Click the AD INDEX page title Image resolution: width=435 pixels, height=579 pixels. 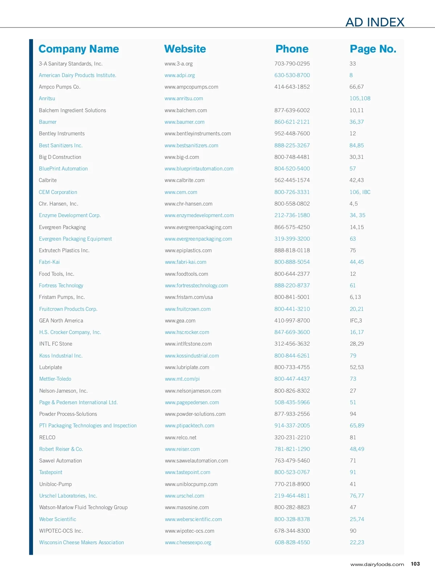tap(375, 22)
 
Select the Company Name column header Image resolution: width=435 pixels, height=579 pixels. tap(79, 49)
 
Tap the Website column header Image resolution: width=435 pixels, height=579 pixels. tap(185, 49)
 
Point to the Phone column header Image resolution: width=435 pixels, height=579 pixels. tap(292, 49)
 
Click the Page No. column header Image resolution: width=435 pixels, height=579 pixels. tap(373, 49)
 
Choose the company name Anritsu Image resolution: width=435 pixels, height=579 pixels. tap(47, 98)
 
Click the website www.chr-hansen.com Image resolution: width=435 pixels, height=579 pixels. tap(188, 204)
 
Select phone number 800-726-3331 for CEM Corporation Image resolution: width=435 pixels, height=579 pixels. tap(292, 192)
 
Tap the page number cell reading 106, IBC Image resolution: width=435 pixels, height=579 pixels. tap(360, 192)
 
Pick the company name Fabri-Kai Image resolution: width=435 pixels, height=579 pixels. tap(49, 262)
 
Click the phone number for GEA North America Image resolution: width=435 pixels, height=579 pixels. tap(292, 321)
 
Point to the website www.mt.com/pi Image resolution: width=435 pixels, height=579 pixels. tap(182, 379)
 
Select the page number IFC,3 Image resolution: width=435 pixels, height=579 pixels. tap(356, 321)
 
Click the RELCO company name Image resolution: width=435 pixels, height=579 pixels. tap(47, 438)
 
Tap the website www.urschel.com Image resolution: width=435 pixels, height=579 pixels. tap(185, 496)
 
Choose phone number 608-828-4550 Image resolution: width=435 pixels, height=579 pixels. tap(292, 542)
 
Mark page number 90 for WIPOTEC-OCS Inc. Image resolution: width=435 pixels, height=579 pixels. tap(353, 531)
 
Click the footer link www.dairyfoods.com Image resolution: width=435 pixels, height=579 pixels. tap(377, 565)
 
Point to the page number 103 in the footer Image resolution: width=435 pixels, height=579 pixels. tap(415, 564)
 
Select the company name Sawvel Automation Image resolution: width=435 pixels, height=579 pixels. tap(61, 461)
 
